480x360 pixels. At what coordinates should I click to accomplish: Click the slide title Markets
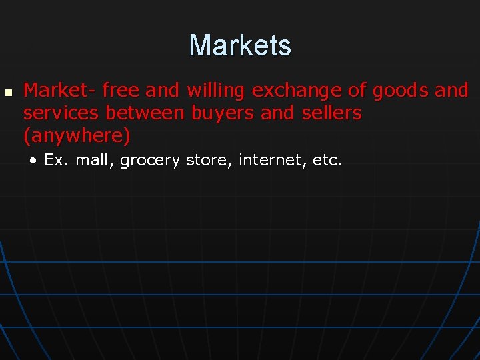[x=240, y=45]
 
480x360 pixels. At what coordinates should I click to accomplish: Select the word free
[x=121, y=90]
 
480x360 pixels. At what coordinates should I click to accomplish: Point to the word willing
[x=216, y=91]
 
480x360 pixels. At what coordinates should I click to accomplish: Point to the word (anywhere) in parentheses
[x=77, y=137]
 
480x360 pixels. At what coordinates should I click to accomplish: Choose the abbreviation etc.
[x=327, y=161]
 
